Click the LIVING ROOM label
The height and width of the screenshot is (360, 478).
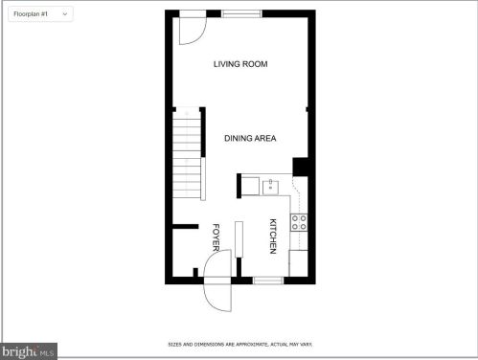point(240,64)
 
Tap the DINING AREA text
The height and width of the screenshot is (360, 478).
point(250,138)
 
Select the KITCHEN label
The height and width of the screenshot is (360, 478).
point(273,236)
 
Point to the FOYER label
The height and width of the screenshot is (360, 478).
point(216,237)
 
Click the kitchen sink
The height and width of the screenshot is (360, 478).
point(270,188)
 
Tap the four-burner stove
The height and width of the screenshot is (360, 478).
point(299,222)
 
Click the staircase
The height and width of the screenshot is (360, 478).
point(187,153)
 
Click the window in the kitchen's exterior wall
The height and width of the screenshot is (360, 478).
point(268,281)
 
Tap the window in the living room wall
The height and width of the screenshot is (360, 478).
point(241,13)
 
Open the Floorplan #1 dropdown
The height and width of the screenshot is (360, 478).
point(40,14)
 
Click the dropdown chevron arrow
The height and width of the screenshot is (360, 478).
point(65,14)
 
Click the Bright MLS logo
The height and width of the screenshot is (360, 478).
point(29,351)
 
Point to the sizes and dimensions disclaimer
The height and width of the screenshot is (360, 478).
point(240,345)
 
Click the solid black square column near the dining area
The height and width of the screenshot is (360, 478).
point(300,167)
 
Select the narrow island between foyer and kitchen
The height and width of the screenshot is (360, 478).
point(239,239)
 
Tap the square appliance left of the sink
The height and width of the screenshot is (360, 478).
point(250,186)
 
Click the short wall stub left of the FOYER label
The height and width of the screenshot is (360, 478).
point(186,227)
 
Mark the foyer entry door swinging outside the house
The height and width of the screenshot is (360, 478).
point(217,297)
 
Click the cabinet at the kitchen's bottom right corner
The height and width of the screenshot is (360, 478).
point(298,263)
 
